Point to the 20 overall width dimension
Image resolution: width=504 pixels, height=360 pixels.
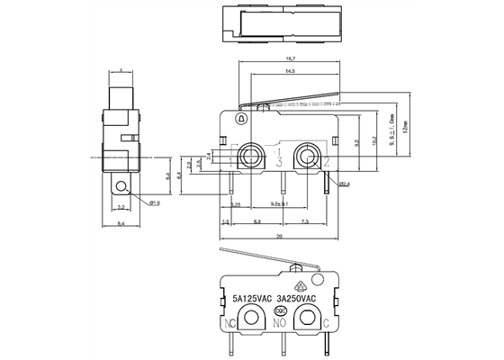point(279,236)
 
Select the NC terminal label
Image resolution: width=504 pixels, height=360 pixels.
point(232,321)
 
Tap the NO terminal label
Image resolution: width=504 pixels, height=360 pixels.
point(280,321)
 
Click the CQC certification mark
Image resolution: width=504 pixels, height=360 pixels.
point(280,310)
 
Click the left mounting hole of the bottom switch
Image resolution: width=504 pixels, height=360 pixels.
point(251,317)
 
